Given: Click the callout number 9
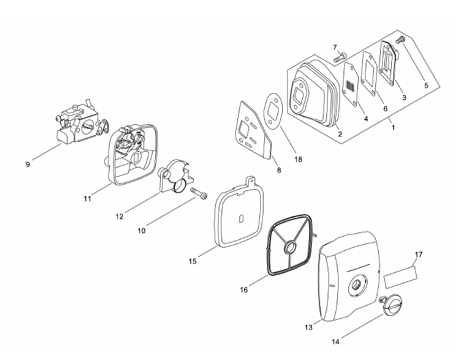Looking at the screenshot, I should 28,164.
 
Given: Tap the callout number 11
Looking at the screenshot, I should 88,199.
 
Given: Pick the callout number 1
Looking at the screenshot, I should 392,128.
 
